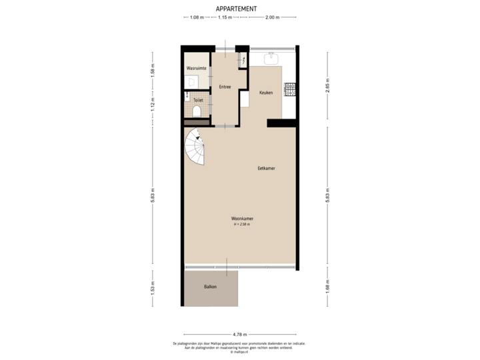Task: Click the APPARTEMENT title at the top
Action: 237,8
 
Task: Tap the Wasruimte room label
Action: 196,68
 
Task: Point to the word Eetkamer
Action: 267,169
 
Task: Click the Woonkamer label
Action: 241,219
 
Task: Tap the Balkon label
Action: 210,287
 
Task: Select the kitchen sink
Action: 271,59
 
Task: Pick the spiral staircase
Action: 195,148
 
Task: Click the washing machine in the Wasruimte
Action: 192,82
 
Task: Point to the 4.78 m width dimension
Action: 240,334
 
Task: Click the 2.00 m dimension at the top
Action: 272,18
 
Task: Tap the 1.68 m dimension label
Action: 327,287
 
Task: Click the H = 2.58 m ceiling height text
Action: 241,225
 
